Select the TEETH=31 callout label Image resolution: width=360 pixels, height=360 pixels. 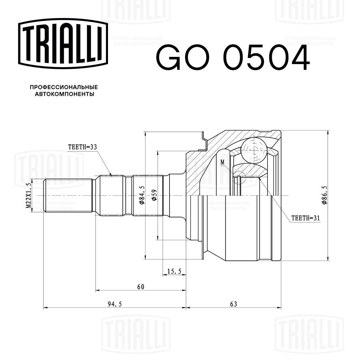(305, 218)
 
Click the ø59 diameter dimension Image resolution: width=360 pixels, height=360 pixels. (154, 195)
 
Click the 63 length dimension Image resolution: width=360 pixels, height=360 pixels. (233, 305)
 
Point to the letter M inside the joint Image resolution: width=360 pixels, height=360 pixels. (222, 162)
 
